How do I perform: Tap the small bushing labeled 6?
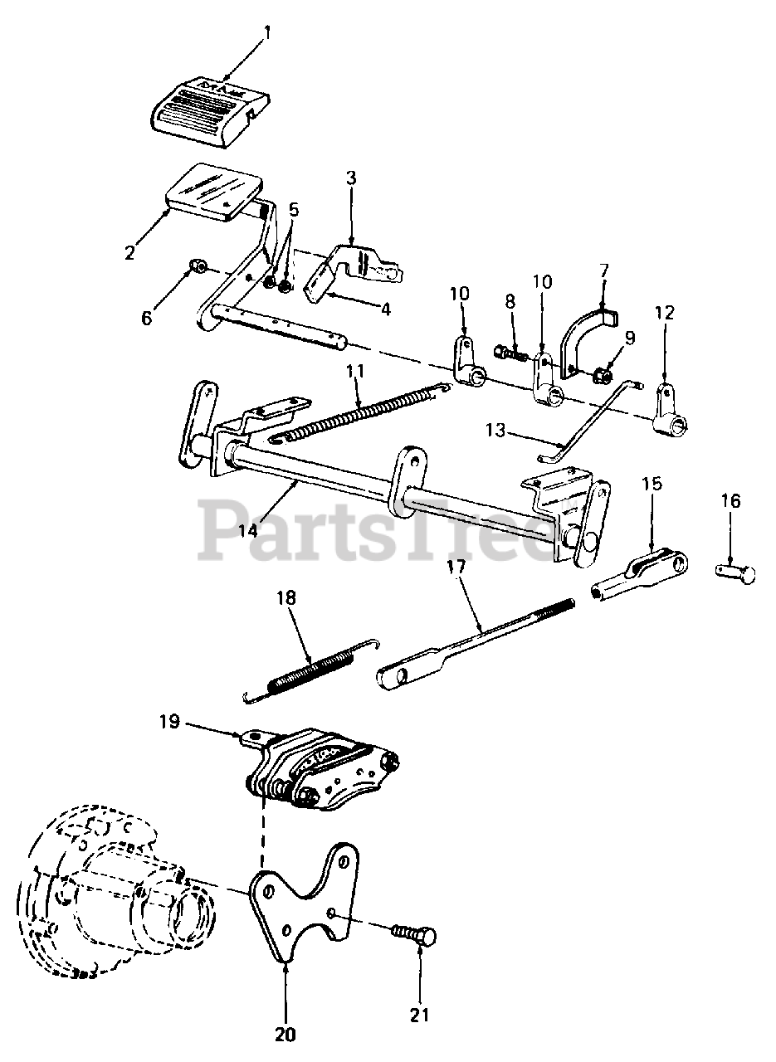click(198, 266)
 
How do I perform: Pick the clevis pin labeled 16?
click(735, 573)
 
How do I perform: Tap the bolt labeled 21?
click(415, 937)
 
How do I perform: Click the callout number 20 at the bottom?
click(284, 1035)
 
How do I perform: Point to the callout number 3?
click(351, 178)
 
